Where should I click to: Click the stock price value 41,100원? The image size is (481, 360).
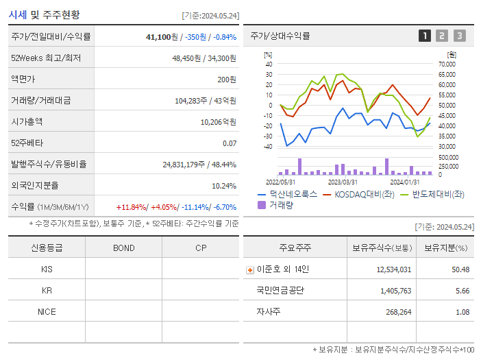pyautogui.click(x=162, y=36)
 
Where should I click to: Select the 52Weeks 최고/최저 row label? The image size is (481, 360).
pyautogui.click(x=46, y=58)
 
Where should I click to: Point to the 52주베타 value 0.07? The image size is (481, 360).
pyautogui.click(x=230, y=143)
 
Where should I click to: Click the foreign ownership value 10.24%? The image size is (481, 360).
pyautogui.click(x=224, y=185)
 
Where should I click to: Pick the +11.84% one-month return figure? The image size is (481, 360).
pyautogui.click(x=132, y=207)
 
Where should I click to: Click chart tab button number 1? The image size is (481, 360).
pyautogui.click(x=425, y=36)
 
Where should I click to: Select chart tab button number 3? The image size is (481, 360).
pyautogui.click(x=459, y=36)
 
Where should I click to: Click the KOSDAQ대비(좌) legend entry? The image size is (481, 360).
pyautogui.click(x=364, y=194)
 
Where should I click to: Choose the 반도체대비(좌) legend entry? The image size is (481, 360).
pyautogui.click(x=438, y=194)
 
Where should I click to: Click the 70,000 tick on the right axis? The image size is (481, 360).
pyautogui.click(x=447, y=64)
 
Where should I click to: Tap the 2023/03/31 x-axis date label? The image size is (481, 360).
pyautogui.click(x=343, y=182)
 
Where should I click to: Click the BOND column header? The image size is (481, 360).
pyautogui.click(x=123, y=248)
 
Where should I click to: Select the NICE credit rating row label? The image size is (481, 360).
pyautogui.click(x=47, y=311)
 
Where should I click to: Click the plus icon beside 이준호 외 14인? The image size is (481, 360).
pyautogui.click(x=250, y=269)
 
